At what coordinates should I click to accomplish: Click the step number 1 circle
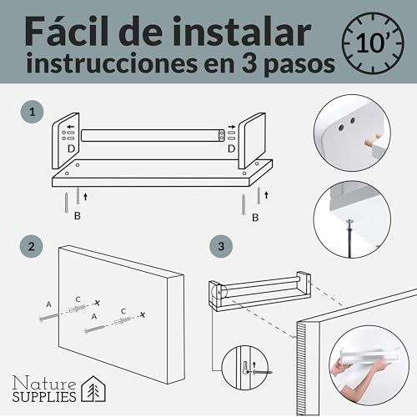33,112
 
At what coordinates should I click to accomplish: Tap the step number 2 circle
32,247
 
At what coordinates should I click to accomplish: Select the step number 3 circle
221,246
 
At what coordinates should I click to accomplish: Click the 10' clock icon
373,43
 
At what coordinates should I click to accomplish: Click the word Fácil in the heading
68,31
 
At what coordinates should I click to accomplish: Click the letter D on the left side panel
72,148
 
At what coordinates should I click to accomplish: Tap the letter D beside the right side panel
232,148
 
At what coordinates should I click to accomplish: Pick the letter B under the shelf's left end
78,215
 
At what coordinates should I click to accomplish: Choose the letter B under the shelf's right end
255,217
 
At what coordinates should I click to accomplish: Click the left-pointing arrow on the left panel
71,127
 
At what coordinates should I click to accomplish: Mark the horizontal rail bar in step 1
153,135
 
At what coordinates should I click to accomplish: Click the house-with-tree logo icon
93,389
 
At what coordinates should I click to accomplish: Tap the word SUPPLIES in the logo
44,397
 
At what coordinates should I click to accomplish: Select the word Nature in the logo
44,383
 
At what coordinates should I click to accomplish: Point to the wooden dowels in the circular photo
374,140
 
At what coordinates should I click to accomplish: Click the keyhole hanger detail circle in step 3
245,367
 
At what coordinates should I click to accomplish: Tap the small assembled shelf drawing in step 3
259,291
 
